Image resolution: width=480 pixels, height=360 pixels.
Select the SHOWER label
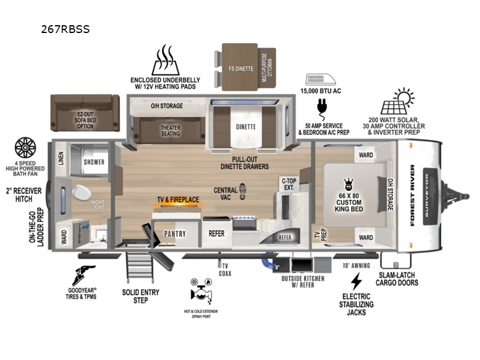(94, 162)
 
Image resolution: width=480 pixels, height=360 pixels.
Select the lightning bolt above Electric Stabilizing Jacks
(356, 281)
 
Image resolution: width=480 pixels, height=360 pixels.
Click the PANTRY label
(176, 234)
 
